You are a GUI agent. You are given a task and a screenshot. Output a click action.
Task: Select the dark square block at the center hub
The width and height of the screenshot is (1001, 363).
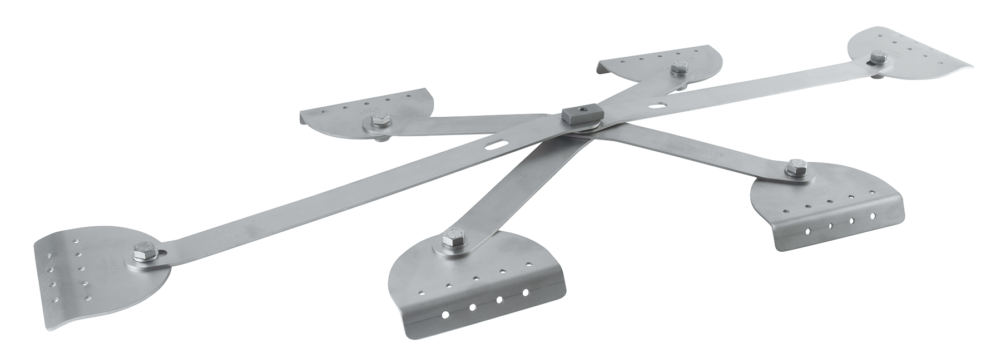pos(581,115)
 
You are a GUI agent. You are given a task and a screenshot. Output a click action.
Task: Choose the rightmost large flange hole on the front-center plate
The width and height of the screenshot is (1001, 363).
pos(525,292)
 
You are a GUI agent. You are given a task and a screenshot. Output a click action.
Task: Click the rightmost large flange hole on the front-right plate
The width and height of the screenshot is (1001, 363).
pos(872,214)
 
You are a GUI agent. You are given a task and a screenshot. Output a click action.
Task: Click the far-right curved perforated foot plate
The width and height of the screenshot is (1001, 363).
pos(912,56)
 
